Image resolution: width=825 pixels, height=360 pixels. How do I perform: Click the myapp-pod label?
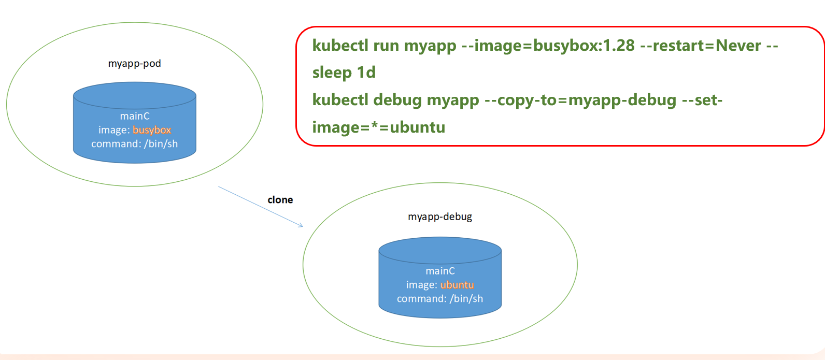pos(134,64)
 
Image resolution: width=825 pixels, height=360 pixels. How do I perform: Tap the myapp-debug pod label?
pos(439,217)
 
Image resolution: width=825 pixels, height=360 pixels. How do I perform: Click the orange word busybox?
pos(152,130)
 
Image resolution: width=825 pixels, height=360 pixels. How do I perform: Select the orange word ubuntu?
pos(457,285)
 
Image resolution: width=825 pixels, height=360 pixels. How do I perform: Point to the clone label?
pos(280,200)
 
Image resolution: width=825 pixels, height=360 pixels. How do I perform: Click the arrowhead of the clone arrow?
pos(301,225)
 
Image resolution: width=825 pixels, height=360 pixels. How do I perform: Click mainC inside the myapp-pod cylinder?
pos(135,116)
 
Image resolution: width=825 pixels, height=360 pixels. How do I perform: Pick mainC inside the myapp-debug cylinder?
pos(440,271)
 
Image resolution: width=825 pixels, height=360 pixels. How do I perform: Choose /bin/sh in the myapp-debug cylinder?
pos(466,299)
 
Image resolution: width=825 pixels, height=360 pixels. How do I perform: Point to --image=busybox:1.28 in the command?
pos(548,46)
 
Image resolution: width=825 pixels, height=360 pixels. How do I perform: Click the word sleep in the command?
pos(332,73)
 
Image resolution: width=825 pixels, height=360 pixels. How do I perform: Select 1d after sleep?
pos(366,73)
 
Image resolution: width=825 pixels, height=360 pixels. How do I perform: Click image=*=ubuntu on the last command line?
pos(378,127)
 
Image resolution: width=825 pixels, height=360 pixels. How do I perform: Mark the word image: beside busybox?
pos(114,130)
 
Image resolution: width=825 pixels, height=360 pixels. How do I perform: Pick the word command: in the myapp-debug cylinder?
pos(421,299)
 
